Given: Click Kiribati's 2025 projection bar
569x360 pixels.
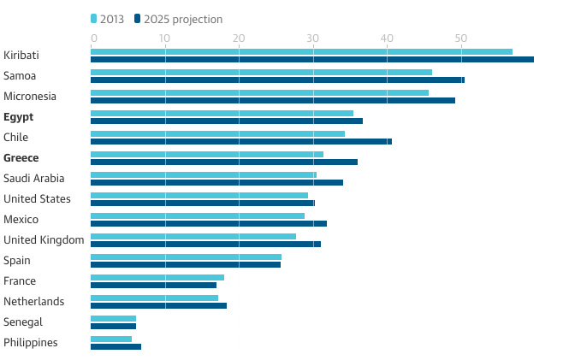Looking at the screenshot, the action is tap(312, 60).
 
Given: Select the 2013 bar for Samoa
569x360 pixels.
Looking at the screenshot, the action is tap(261, 72).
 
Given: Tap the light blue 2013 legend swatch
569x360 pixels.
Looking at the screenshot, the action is tap(93, 19).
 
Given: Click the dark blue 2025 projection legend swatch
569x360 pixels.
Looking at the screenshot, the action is tap(137, 19).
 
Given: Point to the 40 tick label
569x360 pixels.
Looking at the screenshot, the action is tap(387, 38).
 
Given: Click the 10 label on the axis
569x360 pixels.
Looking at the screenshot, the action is tap(164, 38).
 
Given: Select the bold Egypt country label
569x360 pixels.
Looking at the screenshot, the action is tap(19, 117).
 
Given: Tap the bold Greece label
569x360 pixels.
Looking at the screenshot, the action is tap(21, 158).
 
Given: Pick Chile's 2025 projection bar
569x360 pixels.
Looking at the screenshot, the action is tap(241, 141).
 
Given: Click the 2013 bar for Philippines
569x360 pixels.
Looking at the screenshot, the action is tap(111, 339).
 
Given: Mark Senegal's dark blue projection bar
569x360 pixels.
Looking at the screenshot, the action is tap(113, 327).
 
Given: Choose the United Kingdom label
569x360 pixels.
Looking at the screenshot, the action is tap(44, 240).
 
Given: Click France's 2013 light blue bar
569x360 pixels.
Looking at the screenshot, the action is tap(157, 277).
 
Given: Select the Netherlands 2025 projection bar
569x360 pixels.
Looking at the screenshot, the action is tap(158, 305).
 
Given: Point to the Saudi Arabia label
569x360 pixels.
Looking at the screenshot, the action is tap(33, 179).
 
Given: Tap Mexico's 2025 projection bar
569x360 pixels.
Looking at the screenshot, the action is tap(209, 224).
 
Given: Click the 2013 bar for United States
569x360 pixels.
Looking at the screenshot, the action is tap(199, 196).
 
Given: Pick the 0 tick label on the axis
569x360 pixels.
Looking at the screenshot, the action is tap(94, 38).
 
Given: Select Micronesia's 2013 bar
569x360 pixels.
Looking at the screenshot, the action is tap(259, 93).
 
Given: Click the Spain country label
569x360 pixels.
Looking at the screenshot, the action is tap(17, 261).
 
